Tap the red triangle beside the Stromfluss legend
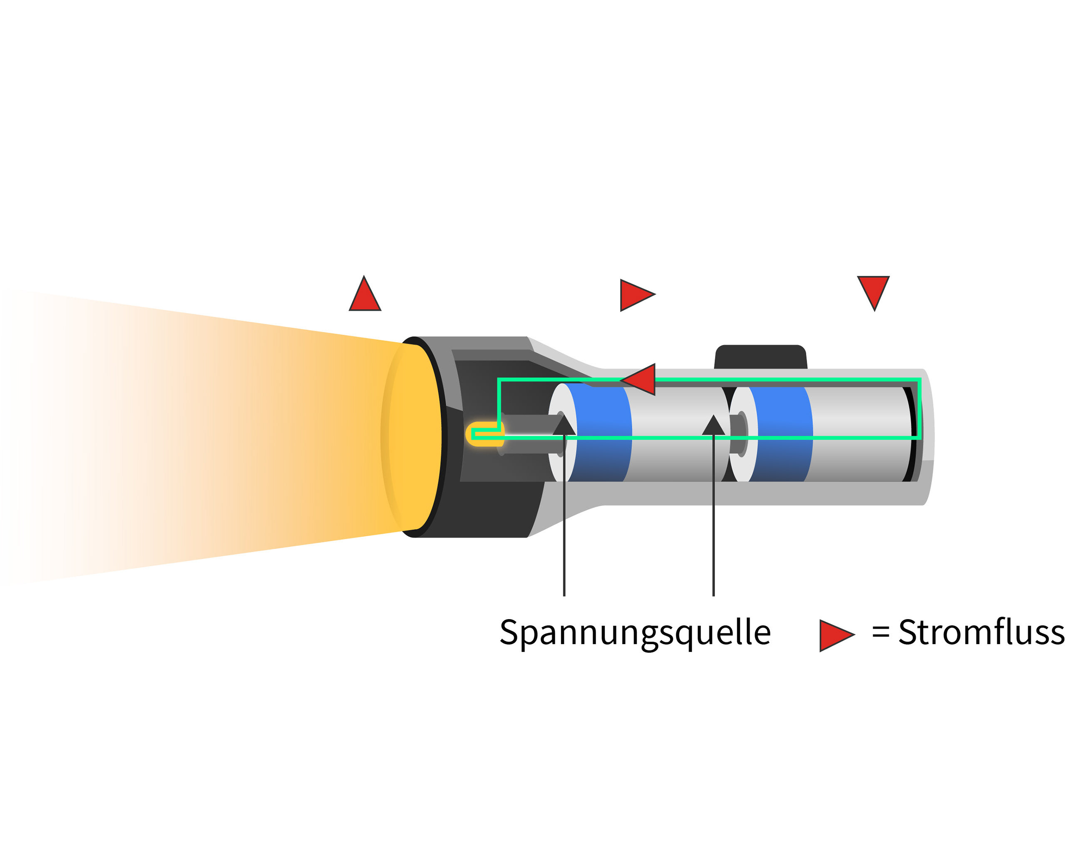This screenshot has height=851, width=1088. click(x=837, y=636)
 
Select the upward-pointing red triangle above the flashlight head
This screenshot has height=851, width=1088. click(x=365, y=294)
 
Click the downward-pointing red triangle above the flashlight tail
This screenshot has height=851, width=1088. click(x=873, y=292)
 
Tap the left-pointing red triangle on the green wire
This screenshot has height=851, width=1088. click(x=638, y=380)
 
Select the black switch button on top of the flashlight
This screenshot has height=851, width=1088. click(x=761, y=357)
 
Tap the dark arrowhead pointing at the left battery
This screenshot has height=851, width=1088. click(x=564, y=425)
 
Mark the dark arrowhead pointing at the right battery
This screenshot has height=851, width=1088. click(x=713, y=425)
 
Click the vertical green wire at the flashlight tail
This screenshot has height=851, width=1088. click(x=919, y=408)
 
